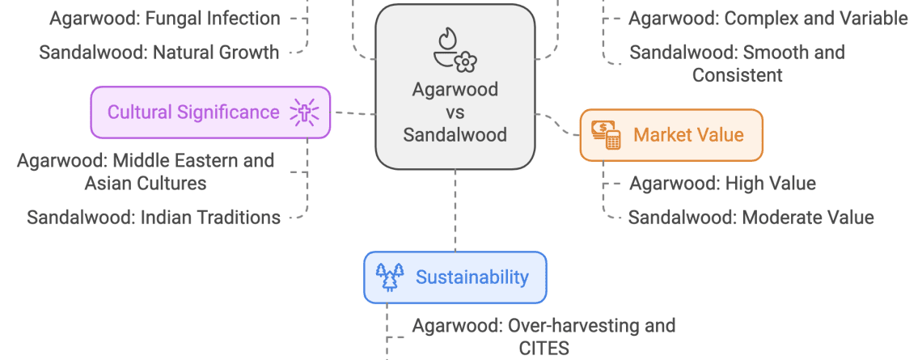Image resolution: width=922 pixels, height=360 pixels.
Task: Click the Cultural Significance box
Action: tap(210, 112)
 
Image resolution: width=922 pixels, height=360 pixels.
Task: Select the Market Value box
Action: tap(671, 135)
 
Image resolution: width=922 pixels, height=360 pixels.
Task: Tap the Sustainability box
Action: tap(455, 277)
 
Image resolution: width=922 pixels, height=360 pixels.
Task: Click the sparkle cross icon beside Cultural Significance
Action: tap(306, 112)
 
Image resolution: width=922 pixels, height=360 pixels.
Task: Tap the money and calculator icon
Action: tap(606, 135)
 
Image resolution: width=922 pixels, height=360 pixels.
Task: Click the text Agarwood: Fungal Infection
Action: tap(165, 18)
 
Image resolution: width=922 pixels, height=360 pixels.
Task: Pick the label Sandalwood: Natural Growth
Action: tap(159, 53)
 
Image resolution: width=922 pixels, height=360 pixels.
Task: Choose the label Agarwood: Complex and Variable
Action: tap(768, 18)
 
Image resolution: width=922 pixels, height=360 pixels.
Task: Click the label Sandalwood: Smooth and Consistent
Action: tap(737, 64)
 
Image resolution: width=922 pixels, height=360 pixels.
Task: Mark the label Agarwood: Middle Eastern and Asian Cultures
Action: tap(146, 172)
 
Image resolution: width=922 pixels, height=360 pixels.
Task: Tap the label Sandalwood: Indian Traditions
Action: tap(154, 218)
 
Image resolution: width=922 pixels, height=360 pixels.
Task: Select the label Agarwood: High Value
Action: tap(722, 184)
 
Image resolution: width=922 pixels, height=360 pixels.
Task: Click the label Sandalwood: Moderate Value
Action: tap(751, 218)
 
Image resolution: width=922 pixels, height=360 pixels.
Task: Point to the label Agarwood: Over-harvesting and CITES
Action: tap(543, 337)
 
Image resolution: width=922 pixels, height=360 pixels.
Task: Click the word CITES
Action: tap(543, 349)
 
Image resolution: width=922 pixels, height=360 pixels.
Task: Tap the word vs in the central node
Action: tap(455, 112)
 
